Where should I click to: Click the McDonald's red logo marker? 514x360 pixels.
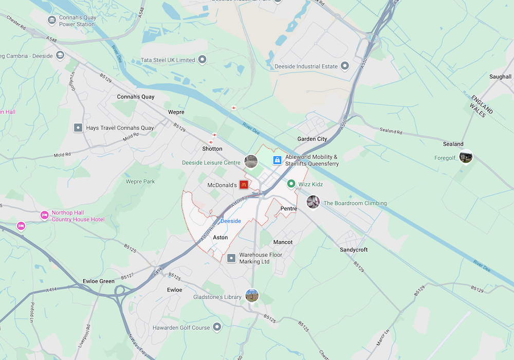tap(244, 185)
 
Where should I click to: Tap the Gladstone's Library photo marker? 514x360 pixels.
tap(252, 296)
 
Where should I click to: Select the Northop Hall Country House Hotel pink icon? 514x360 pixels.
tap(44, 215)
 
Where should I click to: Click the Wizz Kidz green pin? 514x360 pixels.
tap(290, 184)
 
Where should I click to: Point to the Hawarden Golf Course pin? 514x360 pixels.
tap(217, 327)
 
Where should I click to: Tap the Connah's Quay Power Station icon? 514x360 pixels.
tap(51, 21)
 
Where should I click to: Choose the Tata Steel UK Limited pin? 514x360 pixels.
tap(203, 60)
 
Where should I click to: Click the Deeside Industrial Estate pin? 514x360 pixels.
tap(345, 66)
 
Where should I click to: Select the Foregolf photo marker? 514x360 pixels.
tap(466, 156)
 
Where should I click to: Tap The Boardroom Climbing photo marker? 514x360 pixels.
tap(313, 202)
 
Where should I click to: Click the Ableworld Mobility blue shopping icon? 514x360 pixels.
tap(277, 160)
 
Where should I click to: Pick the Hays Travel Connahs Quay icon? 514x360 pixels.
tap(78, 128)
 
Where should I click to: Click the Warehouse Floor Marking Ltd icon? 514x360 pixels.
tap(231, 258)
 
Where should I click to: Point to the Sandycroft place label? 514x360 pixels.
tap(354, 249)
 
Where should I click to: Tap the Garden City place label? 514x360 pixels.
tap(312, 139)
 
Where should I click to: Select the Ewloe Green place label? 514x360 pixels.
tap(99, 281)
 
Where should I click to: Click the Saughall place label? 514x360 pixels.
tap(500, 77)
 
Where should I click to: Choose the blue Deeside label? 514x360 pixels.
tap(230, 221)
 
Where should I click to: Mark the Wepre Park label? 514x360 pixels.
tap(140, 182)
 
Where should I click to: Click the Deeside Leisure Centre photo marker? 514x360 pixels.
tap(251, 161)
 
